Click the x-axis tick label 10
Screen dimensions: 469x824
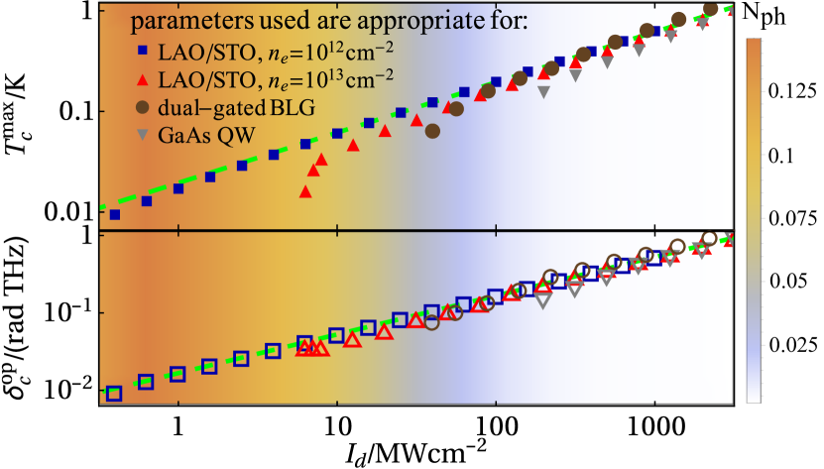337,419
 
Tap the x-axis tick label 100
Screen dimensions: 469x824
496,419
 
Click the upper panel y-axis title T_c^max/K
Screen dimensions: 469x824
27,112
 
